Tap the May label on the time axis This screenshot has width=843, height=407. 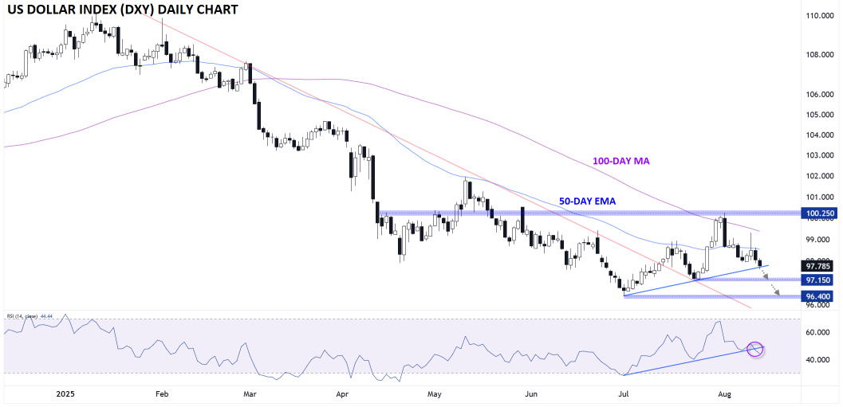[434, 393]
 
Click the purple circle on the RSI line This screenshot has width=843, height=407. [755, 349]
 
